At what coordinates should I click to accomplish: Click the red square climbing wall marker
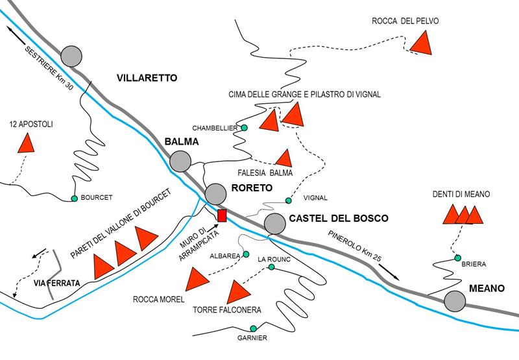point(221,215)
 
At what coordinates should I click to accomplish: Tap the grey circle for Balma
point(180,160)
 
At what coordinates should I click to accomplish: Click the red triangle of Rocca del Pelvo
point(422,43)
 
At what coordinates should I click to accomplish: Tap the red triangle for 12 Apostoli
point(26,143)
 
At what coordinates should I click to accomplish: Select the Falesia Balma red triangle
point(284,158)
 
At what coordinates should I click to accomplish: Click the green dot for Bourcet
point(74,198)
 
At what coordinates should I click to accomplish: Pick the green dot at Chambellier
point(245,128)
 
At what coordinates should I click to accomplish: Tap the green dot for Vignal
point(289,200)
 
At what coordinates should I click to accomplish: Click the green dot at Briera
point(458,258)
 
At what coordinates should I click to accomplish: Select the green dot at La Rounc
point(271,267)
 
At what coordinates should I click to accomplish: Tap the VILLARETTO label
point(147,78)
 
